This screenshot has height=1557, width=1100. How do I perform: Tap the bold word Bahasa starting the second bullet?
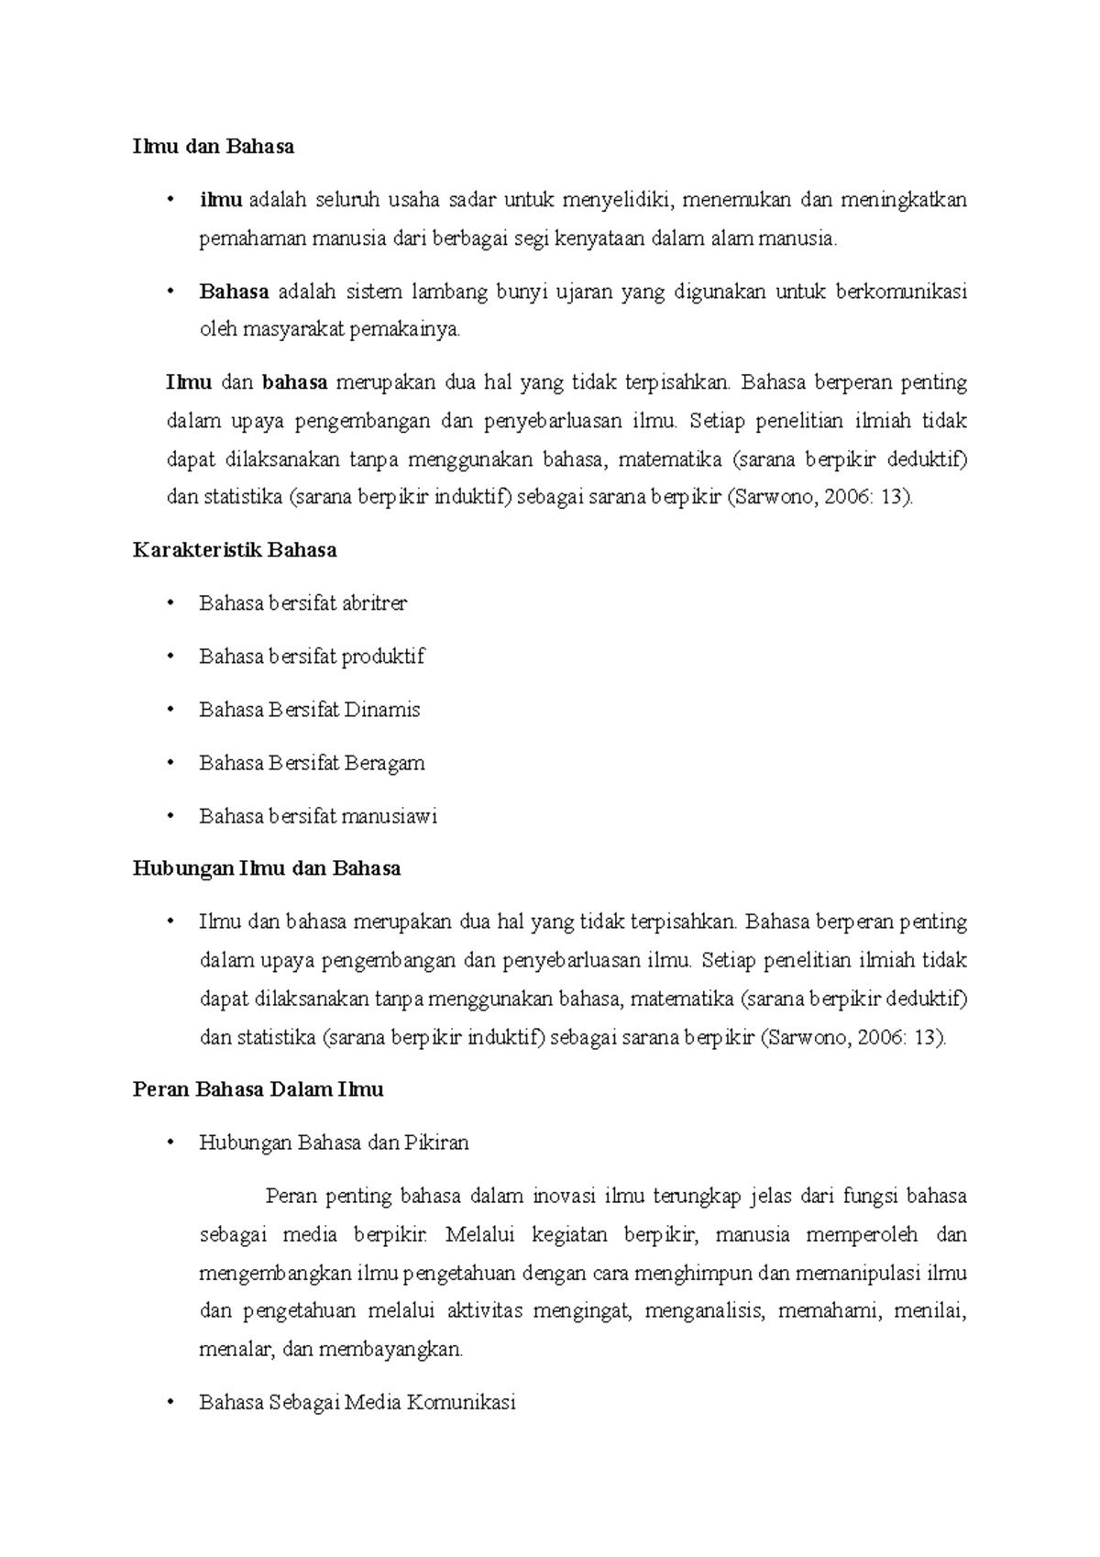click(x=234, y=292)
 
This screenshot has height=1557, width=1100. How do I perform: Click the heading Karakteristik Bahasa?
click(x=235, y=550)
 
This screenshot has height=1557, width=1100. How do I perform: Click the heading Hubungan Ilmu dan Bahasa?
click(x=267, y=868)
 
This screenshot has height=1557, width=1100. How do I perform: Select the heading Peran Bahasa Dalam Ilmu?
click(x=258, y=1089)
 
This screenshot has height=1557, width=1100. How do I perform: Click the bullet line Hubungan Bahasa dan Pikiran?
click(x=334, y=1143)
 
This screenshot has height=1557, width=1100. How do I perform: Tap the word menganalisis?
click(x=704, y=1311)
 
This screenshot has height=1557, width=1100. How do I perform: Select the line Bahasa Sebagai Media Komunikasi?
click(x=357, y=1403)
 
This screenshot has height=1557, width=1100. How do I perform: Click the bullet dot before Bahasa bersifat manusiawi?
click(x=170, y=816)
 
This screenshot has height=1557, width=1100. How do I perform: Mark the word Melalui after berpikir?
click(x=479, y=1235)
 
